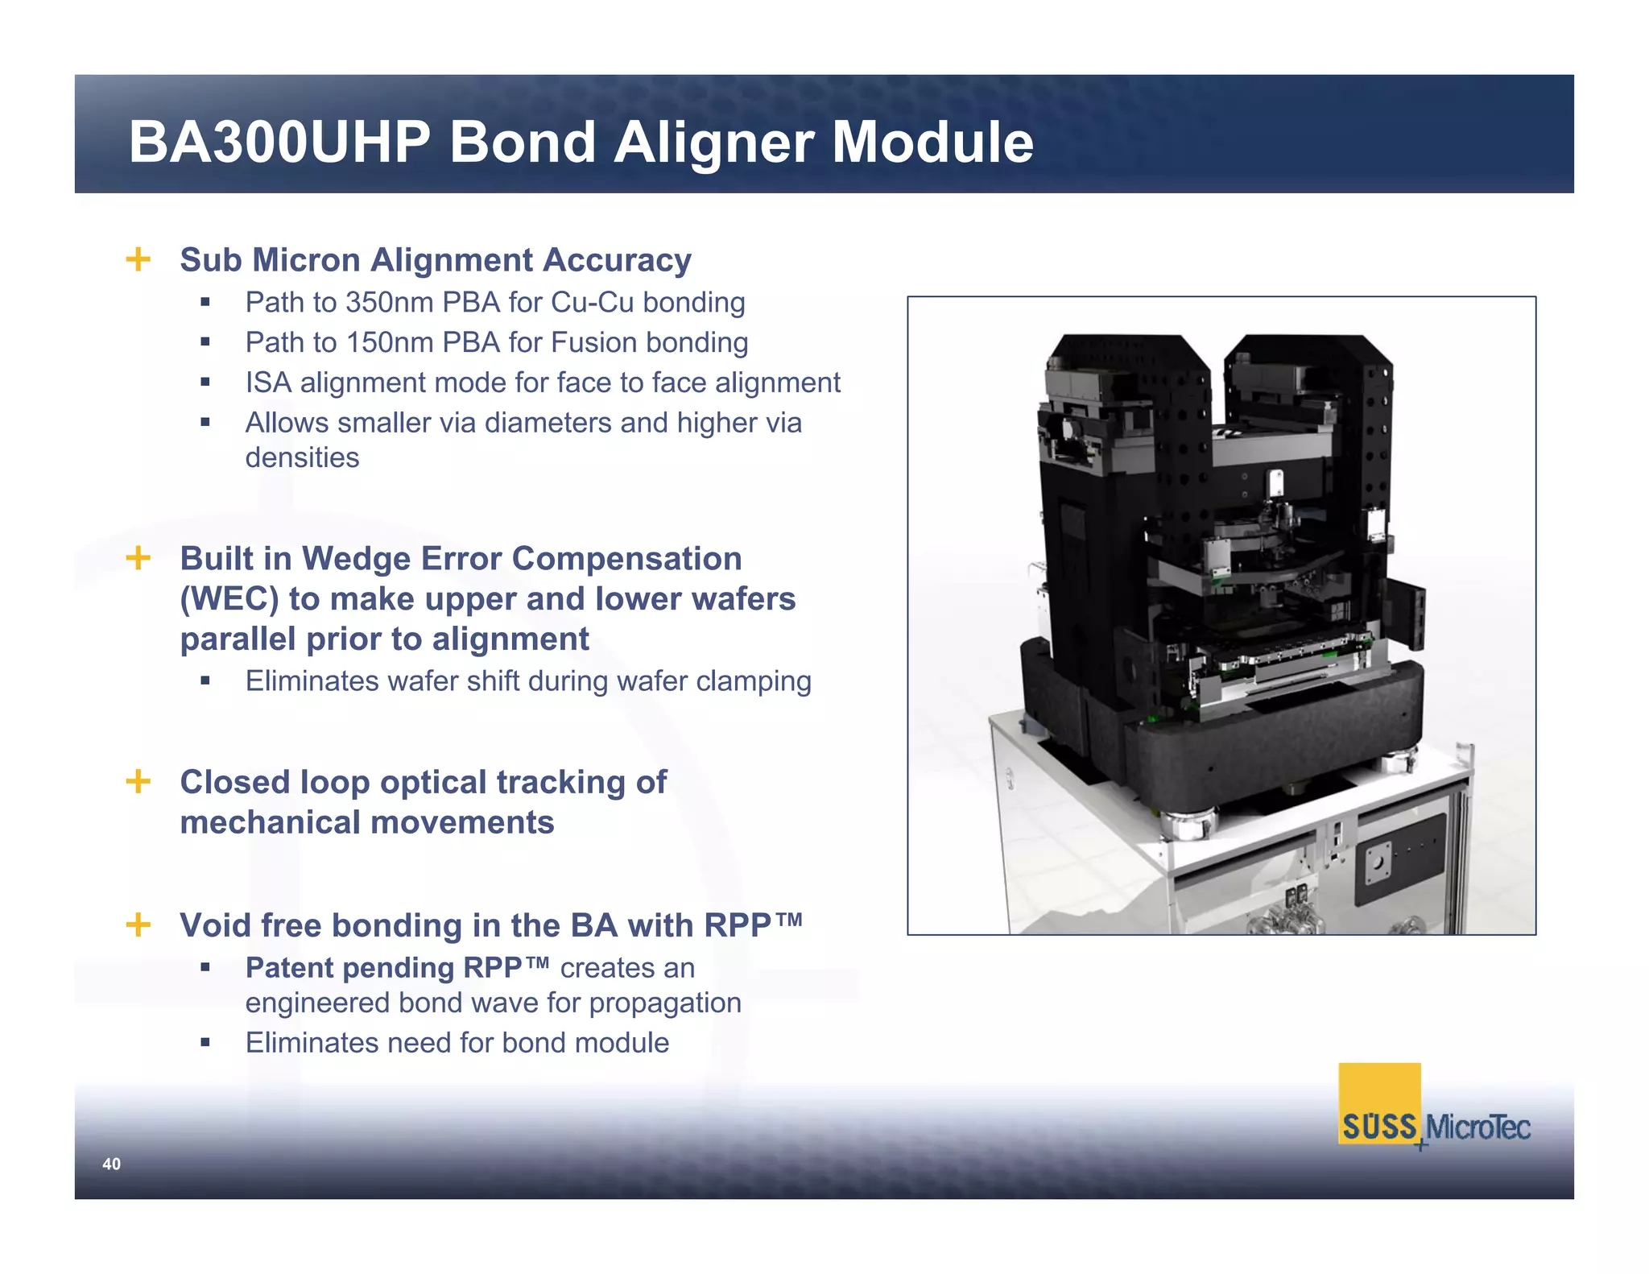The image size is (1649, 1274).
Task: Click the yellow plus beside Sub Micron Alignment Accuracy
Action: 138,259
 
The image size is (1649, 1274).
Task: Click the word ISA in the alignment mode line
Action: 268,383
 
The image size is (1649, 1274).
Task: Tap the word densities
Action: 302,457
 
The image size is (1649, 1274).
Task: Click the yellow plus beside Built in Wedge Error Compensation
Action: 138,558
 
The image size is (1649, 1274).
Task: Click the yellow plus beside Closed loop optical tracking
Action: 138,781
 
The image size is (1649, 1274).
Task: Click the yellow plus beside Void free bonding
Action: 138,924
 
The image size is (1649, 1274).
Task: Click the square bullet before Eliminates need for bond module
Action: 205,1043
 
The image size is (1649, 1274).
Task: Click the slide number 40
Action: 111,1164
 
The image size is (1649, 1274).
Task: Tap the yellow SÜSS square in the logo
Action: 1378,1103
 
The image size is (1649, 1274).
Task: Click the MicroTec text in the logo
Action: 1478,1127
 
